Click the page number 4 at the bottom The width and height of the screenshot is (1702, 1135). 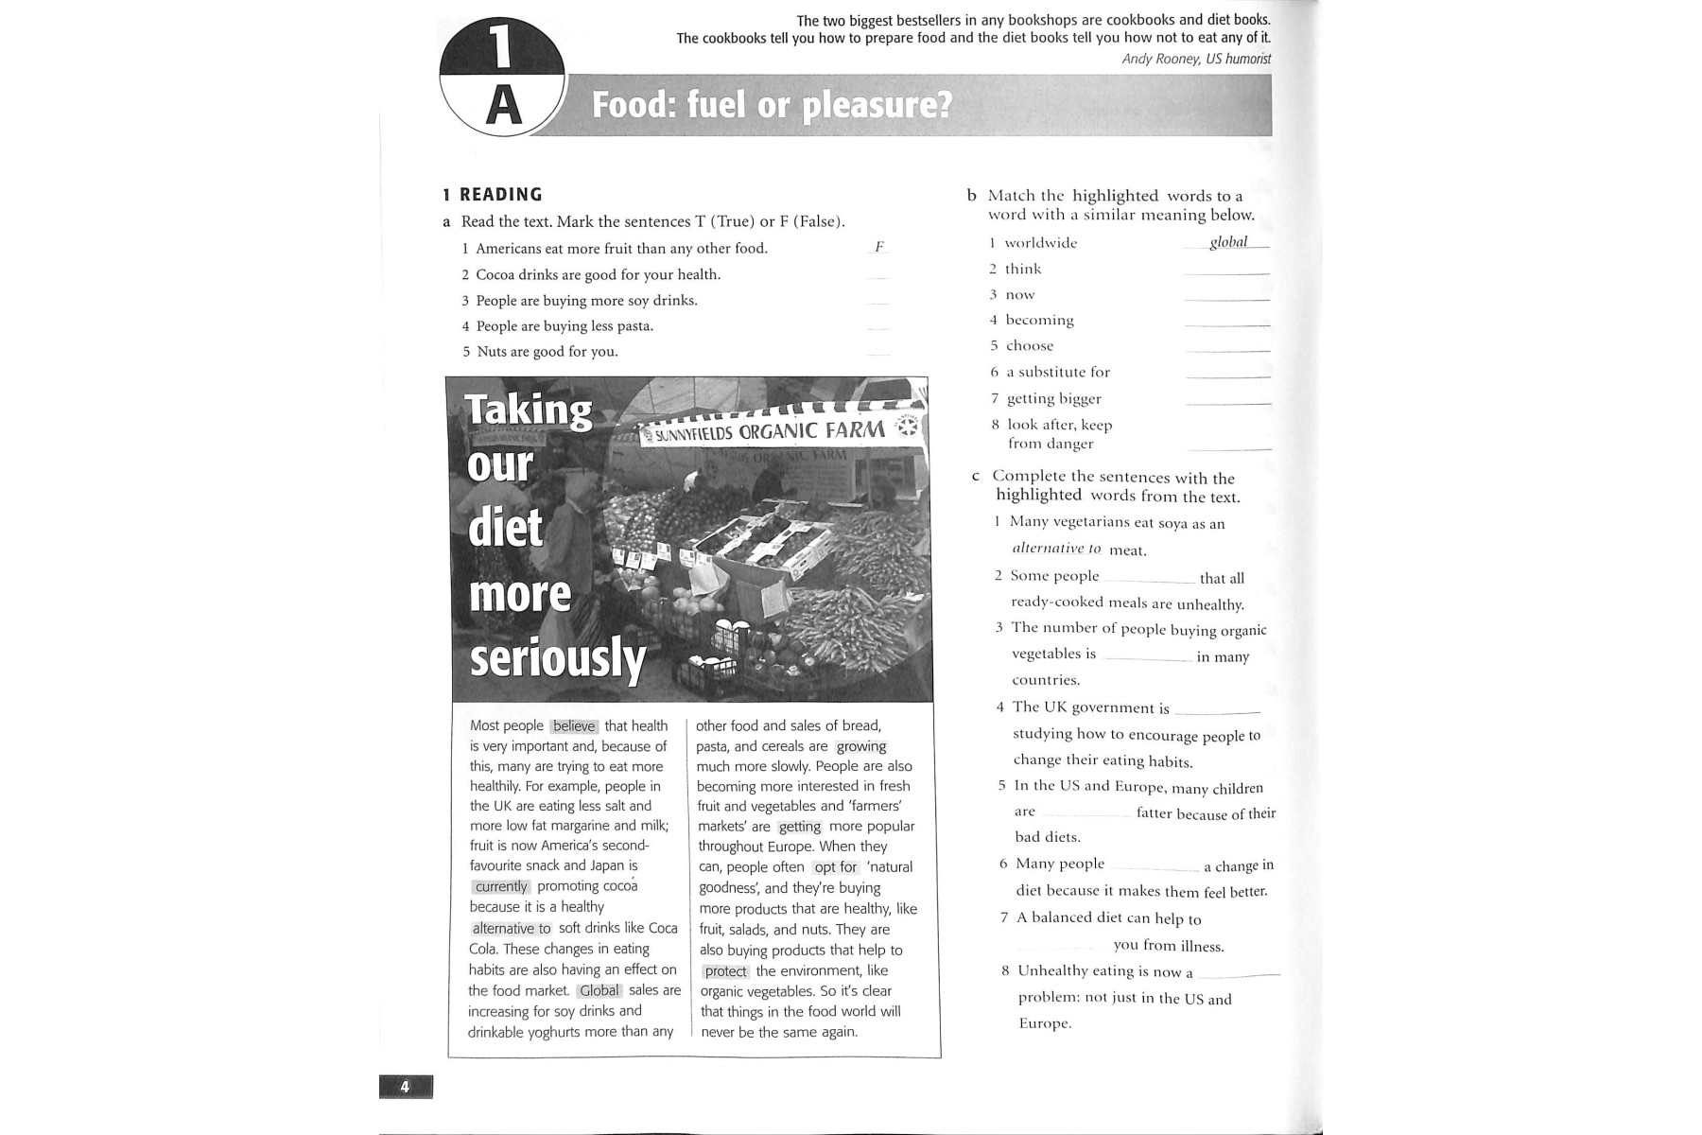click(405, 1087)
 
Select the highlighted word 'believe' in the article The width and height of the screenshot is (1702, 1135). click(574, 726)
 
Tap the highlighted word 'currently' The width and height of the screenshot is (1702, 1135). click(501, 887)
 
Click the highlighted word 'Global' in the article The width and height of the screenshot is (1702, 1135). click(599, 991)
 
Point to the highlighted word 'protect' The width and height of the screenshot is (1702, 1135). click(725, 971)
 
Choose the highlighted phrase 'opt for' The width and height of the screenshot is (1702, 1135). click(836, 867)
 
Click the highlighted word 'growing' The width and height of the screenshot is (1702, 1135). click(860, 746)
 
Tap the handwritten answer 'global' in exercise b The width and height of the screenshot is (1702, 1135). click(1228, 242)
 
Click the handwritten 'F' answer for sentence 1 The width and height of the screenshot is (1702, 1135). click(878, 247)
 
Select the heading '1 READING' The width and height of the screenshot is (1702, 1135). click(493, 195)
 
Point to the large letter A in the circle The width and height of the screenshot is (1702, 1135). click(503, 106)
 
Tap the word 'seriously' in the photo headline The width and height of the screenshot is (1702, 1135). click(558, 658)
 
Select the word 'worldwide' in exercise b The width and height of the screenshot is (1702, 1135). click(1040, 243)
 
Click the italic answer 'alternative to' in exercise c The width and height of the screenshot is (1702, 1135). click(1056, 549)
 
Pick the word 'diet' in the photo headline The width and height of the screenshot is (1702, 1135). click(506, 528)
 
